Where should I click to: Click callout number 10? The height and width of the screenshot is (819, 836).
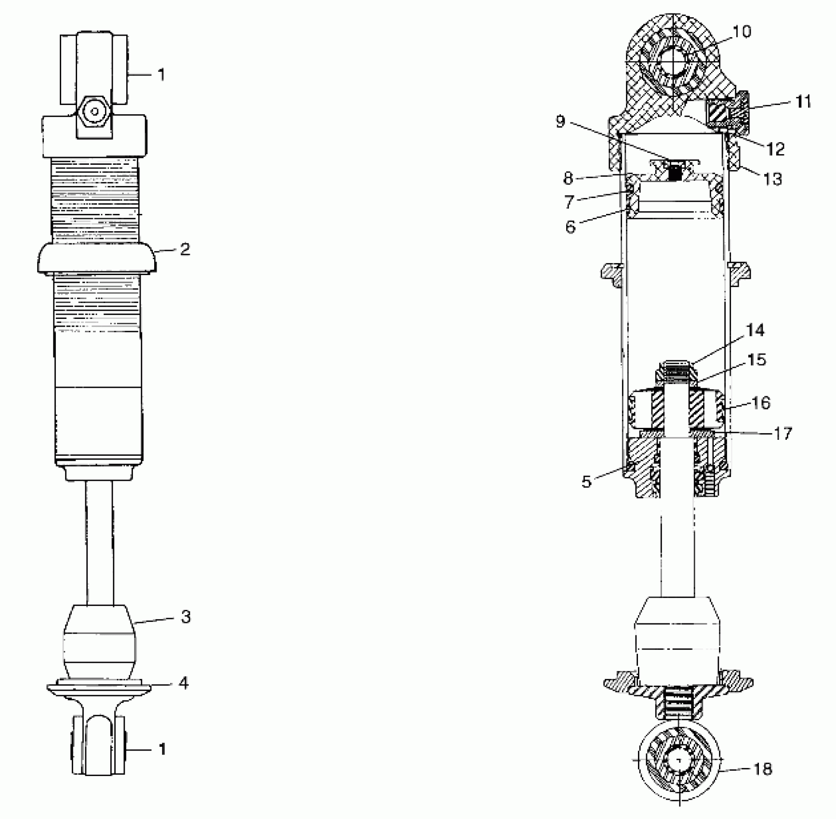point(742,32)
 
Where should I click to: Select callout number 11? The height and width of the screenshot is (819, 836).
point(803,102)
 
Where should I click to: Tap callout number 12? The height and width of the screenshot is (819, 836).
point(775,149)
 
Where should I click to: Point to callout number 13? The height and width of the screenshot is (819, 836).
point(772,179)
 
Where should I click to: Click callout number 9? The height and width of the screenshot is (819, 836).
point(560,121)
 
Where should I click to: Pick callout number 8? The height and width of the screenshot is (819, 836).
point(569,178)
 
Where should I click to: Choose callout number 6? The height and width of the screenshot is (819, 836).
point(571,226)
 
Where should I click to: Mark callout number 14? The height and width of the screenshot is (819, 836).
point(755,330)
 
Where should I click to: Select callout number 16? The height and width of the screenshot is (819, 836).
point(761,402)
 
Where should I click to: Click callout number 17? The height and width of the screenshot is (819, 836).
point(783,434)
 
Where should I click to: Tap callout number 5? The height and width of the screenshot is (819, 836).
point(586,481)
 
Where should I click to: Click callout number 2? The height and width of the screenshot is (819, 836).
point(185,249)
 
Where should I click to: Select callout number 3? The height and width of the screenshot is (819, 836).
point(186,617)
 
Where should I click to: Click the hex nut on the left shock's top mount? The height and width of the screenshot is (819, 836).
point(94,112)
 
